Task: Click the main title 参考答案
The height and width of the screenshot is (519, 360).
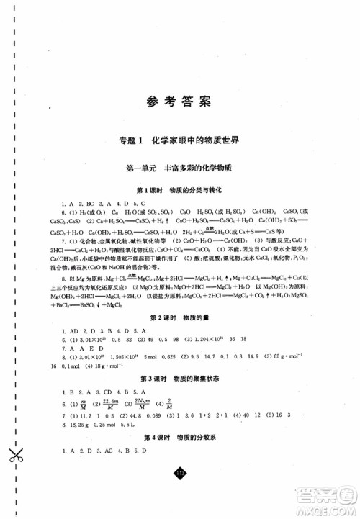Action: pos(181,101)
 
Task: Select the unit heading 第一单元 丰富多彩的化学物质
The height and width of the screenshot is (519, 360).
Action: pos(181,168)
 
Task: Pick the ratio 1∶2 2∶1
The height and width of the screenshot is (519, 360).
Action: pos(200,415)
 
